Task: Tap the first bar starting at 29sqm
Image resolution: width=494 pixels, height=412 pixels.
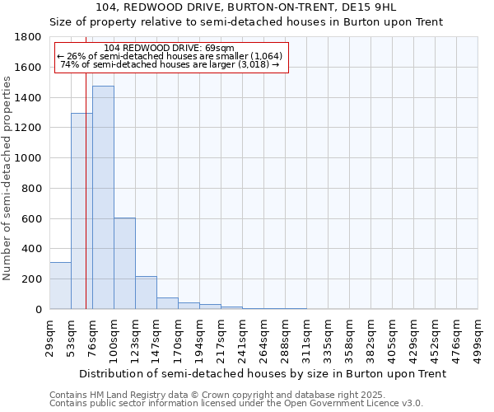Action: [60, 285]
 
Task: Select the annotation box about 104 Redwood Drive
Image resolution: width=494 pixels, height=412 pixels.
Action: [171, 57]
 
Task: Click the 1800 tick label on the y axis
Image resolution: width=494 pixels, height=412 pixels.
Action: [29, 37]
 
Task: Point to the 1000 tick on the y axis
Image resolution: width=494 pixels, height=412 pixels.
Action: [29, 158]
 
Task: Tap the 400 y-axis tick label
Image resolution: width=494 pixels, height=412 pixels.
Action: [32, 249]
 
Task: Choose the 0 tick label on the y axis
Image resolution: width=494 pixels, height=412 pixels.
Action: [38, 309]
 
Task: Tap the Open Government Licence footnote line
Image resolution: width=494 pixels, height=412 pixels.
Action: [235, 404]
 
